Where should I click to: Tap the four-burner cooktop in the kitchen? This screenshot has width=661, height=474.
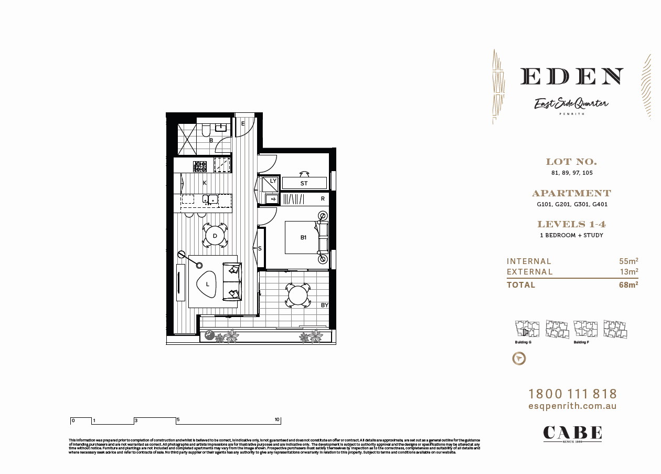tap(200, 166)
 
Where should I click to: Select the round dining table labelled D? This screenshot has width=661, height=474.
tap(215, 236)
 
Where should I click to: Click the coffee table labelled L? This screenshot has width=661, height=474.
tap(208, 285)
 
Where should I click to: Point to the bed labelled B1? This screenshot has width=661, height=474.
tap(302, 237)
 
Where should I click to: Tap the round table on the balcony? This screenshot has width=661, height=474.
tap(298, 295)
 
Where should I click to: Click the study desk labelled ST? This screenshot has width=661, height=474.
tap(304, 183)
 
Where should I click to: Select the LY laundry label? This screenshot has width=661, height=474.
tap(273, 181)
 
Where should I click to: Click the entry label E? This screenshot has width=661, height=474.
tap(243, 124)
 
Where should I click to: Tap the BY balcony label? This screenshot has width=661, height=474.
tap(324, 305)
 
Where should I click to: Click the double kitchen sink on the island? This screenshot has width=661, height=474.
tap(211, 199)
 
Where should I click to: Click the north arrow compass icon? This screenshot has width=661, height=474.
tap(519, 359)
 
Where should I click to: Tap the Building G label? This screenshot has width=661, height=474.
tap(523, 342)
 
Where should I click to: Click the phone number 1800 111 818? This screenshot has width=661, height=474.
tap(572, 394)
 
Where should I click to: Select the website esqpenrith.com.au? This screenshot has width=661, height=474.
tap(572, 406)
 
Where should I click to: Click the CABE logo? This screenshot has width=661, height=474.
tap(572, 433)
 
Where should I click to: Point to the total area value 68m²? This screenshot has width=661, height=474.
tap(628, 285)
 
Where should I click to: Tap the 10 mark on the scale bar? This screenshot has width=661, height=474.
tap(277, 420)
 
